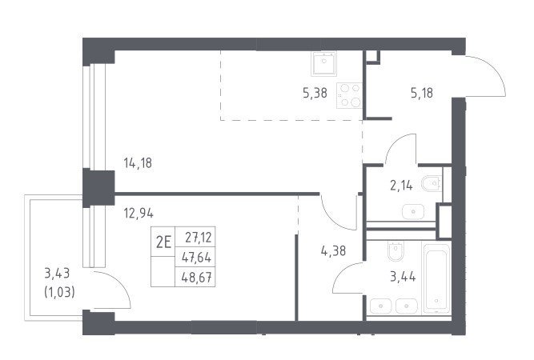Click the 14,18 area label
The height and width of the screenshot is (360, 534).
tap(138, 163)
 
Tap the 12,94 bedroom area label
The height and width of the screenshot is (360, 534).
tap(139, 214)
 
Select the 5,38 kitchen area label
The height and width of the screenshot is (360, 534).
tap(315, 93)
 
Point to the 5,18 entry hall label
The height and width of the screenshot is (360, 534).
tap(422, 93)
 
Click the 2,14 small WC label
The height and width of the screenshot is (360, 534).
tap(401, 186)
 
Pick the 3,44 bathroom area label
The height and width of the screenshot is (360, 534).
tap(403, 277)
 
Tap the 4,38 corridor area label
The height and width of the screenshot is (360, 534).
tap(333, 251)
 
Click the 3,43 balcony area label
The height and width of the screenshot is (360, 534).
tap(57, 274)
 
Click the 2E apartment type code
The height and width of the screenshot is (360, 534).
tap(163, 242)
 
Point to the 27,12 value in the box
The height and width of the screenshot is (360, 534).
tap(199, 238)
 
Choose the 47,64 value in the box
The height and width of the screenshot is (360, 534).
tap(196, 258)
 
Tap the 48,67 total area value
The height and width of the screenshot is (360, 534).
tap(196, 278)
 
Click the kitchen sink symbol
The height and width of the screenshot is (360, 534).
tap(323, 64)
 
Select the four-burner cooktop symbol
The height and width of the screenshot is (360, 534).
tap(349, 96)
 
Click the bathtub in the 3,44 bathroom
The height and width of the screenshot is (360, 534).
tap(436, 278)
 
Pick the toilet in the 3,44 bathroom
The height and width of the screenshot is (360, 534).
tap(395, 251)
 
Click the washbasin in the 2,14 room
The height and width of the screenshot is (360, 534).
tap(413, 212)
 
